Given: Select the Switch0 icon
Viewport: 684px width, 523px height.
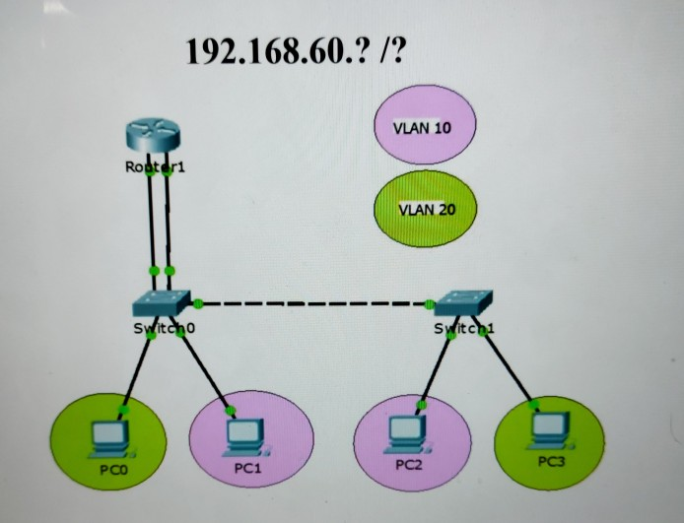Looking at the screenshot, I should click(x=164, y=301).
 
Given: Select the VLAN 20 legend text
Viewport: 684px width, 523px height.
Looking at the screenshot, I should click(x=426, y=209).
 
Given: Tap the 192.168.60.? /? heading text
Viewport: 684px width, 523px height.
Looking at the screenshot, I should click(x=295, y=51).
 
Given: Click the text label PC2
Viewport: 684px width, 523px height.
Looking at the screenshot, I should click(x=408, y=463).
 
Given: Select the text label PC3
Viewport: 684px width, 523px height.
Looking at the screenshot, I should click(x=551, y=461).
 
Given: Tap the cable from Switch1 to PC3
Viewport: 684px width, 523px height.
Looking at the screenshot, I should click(x=507, y=368).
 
